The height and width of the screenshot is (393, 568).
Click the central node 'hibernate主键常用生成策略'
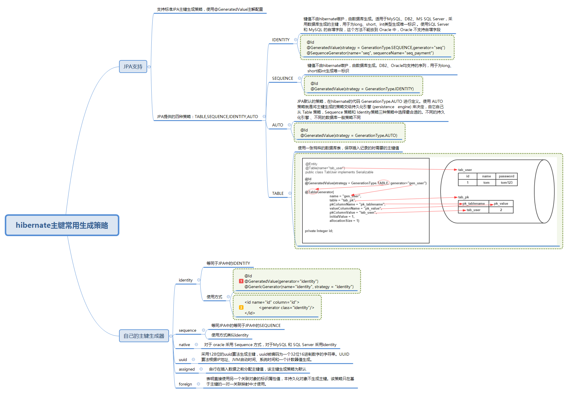click(x=62, y=225)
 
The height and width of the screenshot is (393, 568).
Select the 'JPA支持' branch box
click(x=133, y=67)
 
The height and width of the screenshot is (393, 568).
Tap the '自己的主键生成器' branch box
click(x=144, y=336)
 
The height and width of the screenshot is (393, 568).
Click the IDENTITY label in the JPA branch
click(x=281, y=40)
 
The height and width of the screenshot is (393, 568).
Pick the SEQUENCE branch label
click(x=282, y=78)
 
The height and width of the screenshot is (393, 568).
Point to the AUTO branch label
click(x=277, y=125)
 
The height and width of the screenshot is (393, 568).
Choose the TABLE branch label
click(x=278, y=193)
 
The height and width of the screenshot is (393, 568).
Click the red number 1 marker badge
click(x=241, y=281)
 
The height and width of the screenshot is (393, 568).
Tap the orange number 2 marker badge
click(x=241, y=308)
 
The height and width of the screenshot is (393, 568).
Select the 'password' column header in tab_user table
click(x=506, y=176)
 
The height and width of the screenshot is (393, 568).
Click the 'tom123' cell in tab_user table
click(x=506, y=183)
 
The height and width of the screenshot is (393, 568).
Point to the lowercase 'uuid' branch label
click(x=183, y=360)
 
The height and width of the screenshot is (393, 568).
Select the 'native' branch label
click(x=184, y=345)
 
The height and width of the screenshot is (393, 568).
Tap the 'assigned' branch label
click(x=187, y=369)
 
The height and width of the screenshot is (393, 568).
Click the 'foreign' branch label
click(x=185, y=384)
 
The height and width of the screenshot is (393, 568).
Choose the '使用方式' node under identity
click(x=214, y=297)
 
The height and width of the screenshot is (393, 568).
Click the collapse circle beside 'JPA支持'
click(x=149, y=67)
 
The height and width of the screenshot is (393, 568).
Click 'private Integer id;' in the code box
click(x=319, y=231)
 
